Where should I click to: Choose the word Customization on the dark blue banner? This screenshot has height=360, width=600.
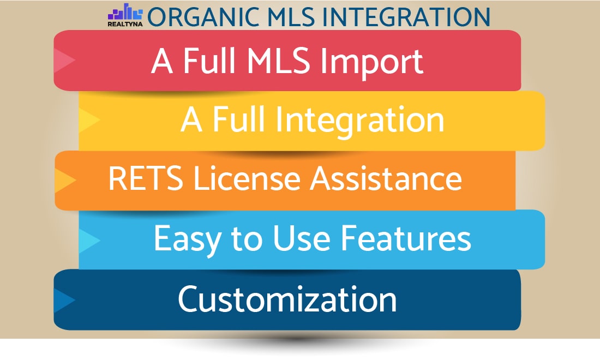click(x=287, y=299)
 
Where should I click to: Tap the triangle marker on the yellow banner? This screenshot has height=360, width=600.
click(x=89, y=120)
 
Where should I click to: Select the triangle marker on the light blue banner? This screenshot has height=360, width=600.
click(x=89, y=239)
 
